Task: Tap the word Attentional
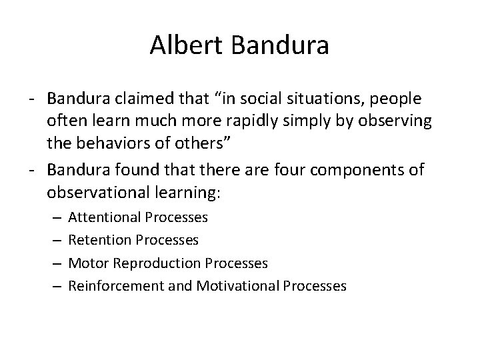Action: pos(103,217)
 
